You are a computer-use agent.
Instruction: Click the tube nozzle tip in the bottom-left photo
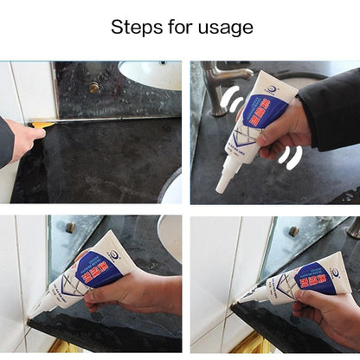coord(32,314)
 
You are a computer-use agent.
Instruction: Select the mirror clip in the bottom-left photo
coord(70,228)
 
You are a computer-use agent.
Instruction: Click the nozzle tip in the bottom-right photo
coord(239,299)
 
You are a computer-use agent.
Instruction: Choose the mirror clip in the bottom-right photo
coord(295,230)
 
